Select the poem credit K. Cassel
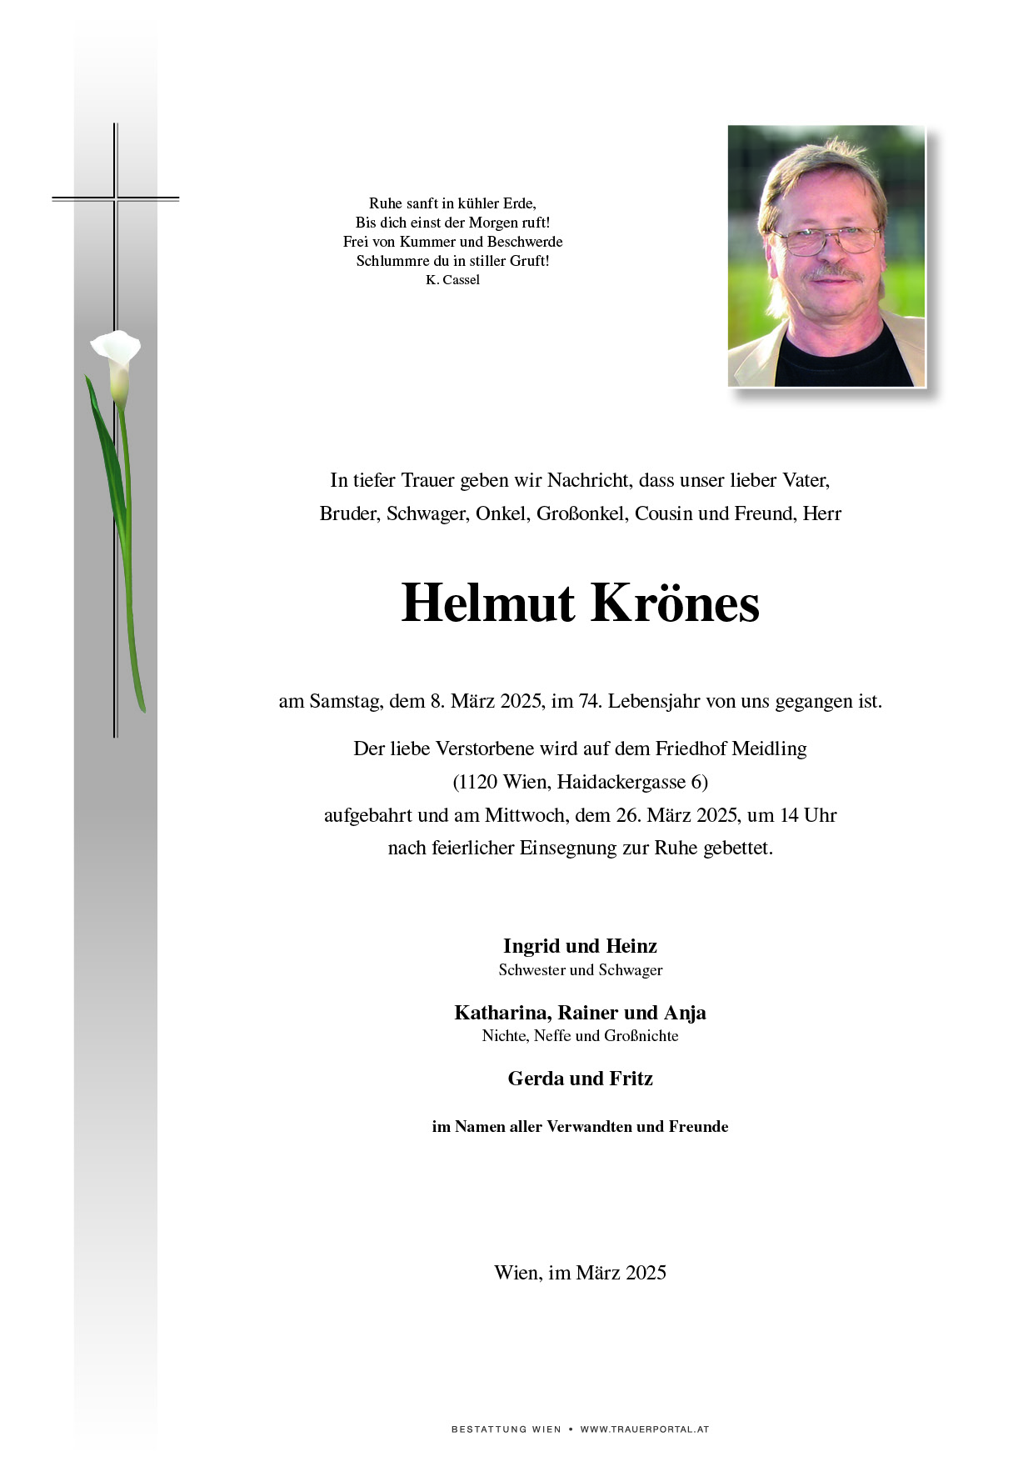point(452,280)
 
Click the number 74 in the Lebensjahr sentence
point(590,701)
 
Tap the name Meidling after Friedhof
point(770,749)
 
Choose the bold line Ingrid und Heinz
point(580,946)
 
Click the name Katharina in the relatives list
point(502,1013)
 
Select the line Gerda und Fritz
point(580,1079)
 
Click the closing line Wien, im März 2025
point(580,1273)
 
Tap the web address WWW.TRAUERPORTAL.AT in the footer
point(644,1429)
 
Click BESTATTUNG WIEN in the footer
point(506,1429)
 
